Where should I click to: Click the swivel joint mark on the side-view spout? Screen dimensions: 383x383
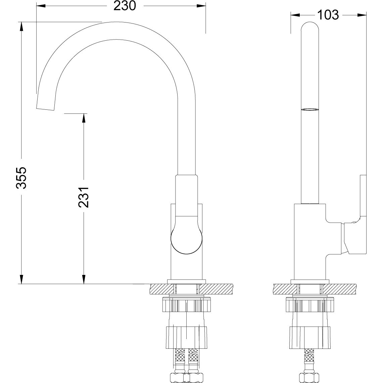[309, 109]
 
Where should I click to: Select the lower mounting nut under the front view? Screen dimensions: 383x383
[187, 336]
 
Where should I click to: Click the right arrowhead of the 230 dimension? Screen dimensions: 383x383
[201, 6]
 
